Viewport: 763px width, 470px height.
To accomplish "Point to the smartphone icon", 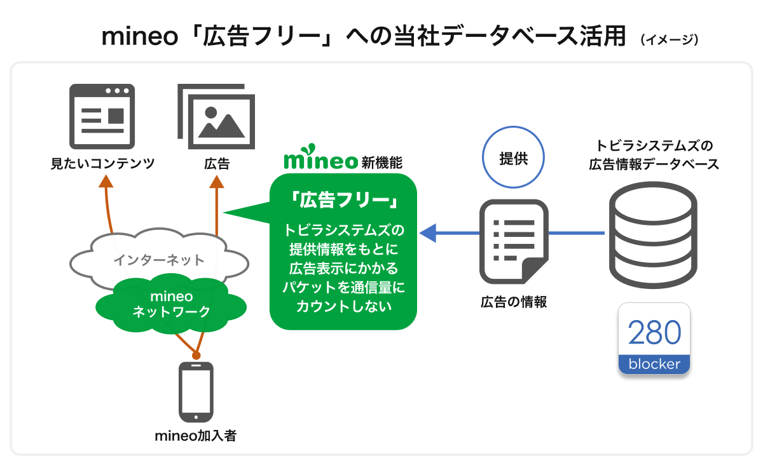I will coord(196,392).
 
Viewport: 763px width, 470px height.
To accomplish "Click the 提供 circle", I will coord(514,159).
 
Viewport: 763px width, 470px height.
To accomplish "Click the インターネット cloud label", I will coord(159,260).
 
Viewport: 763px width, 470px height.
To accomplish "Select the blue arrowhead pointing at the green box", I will coord(429,233).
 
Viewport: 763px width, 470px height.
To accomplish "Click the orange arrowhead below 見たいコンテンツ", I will coord(106,182).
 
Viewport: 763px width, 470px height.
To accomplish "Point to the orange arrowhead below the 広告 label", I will coord(217,182).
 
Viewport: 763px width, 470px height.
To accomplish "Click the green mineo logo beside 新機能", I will coord(320,161).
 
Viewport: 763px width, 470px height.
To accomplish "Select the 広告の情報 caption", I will coord(514,302).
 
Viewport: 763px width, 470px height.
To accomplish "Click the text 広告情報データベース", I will coord(654,164).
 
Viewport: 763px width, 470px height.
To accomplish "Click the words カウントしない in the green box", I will coord(343,305).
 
